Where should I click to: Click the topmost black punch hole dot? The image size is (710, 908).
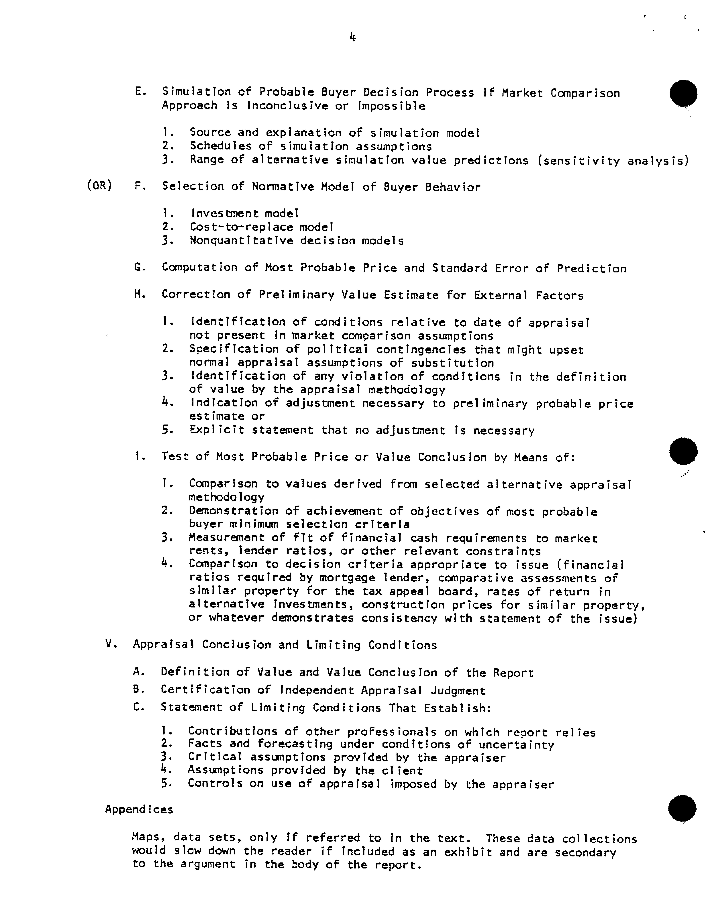[x=683, y=93]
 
